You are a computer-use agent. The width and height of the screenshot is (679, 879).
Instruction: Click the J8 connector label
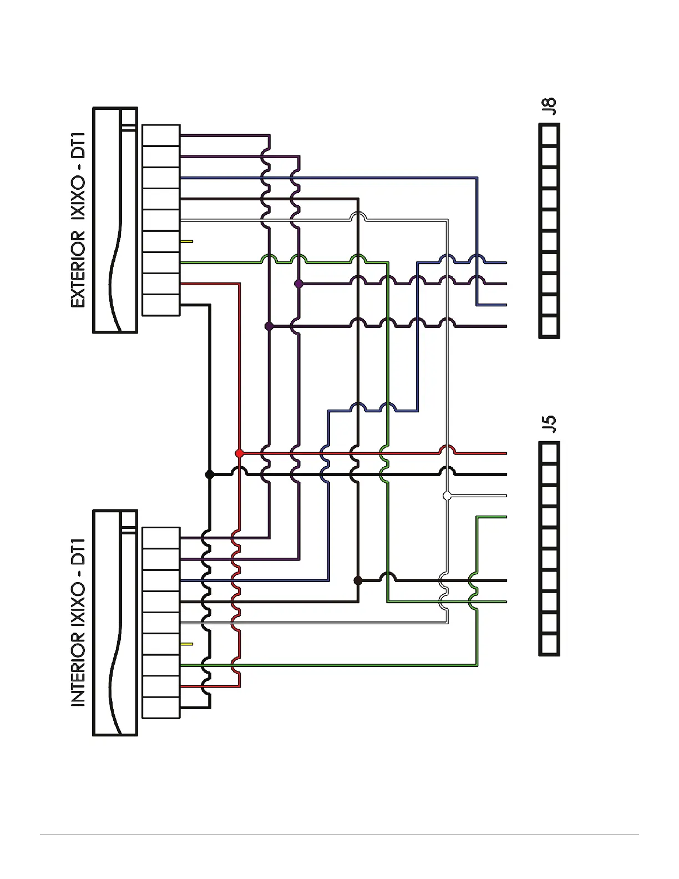pyautogui.click(x=549, y=105)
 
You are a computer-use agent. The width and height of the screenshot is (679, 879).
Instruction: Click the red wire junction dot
pyautogui.click(x=240, y=453)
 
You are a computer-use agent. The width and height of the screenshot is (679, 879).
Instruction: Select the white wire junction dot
pyautogui.click(x=447, y=496)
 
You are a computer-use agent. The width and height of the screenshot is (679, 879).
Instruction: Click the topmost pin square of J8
pyautogui.click(x=549, y=134)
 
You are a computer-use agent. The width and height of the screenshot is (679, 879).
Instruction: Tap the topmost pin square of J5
pyautogui.click(x=549, y=453)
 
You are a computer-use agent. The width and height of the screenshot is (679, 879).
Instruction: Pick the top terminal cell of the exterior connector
pyautogui.click(x=161, y=135)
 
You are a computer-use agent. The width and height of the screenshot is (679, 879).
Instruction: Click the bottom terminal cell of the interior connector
pyautogui.click(x=161, y=708)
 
